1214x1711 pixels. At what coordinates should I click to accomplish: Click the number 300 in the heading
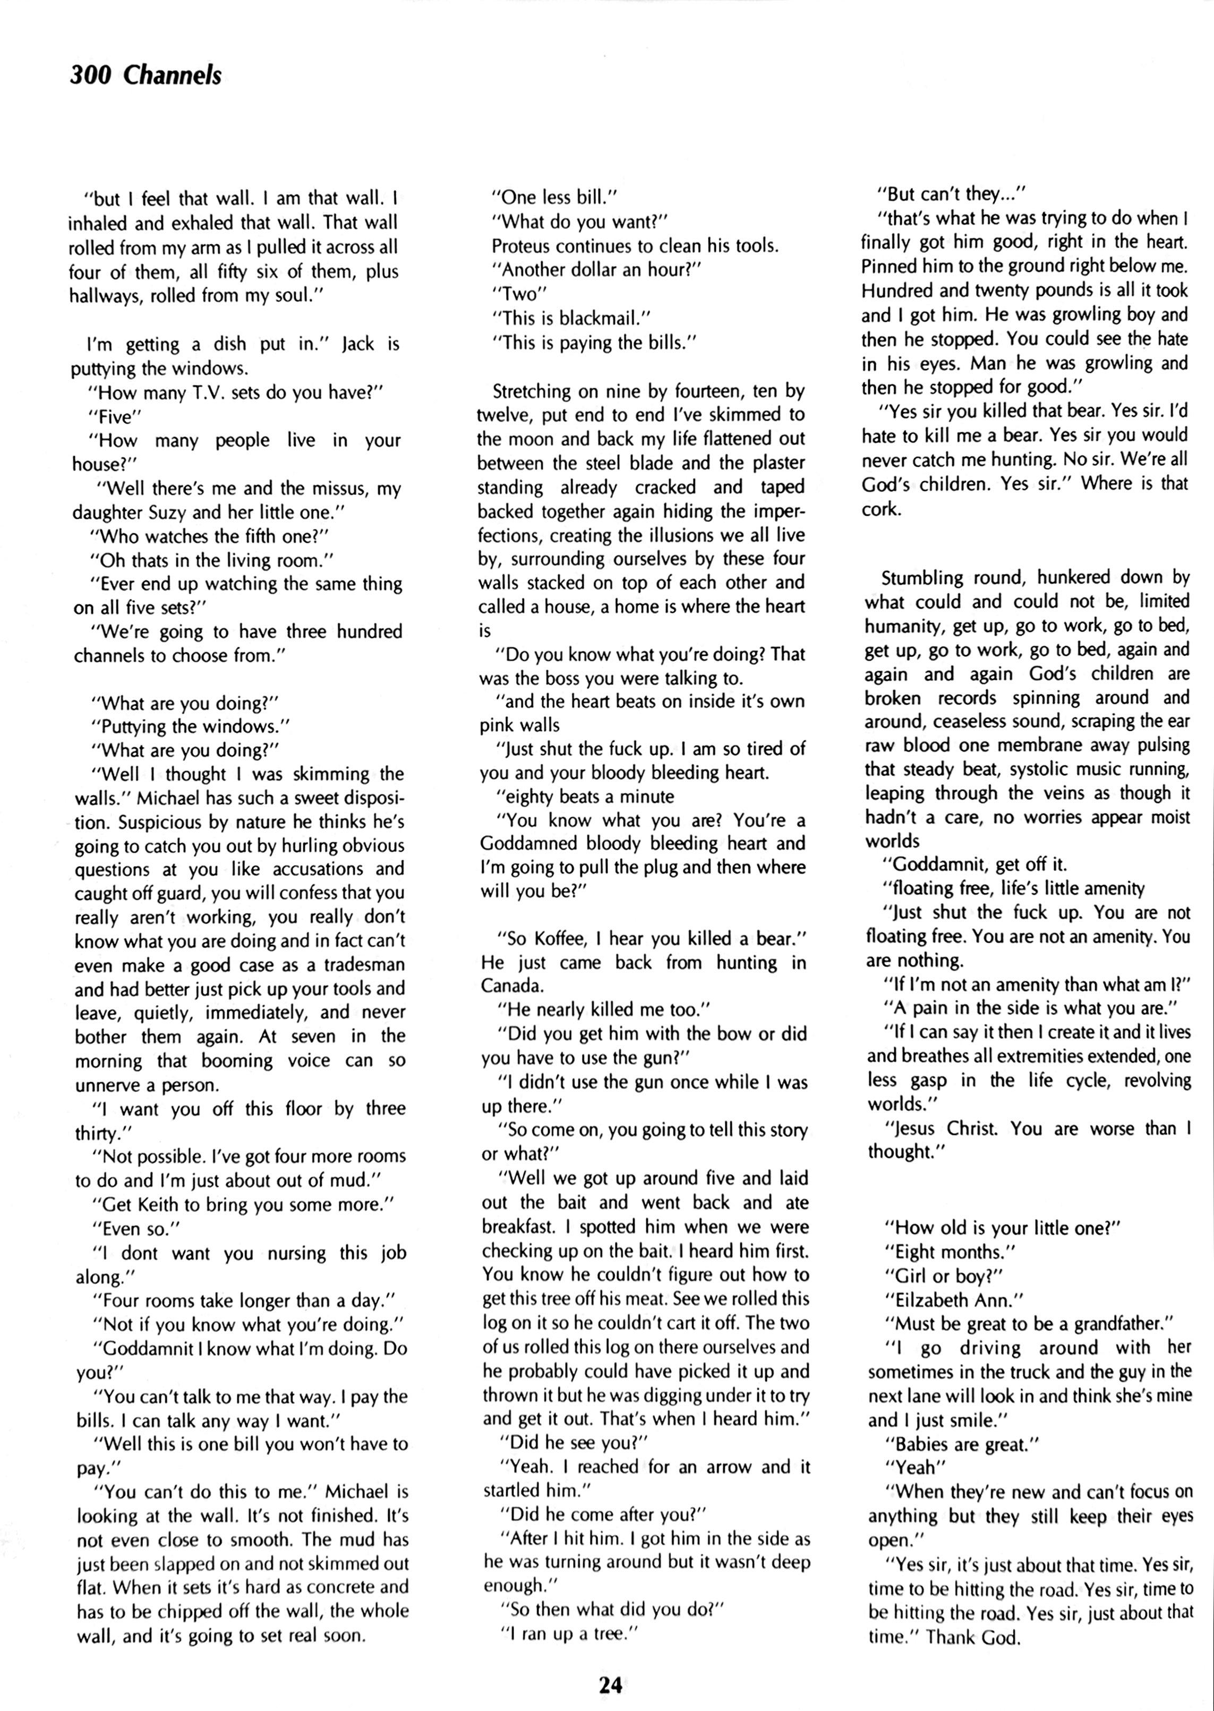[90, 75]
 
